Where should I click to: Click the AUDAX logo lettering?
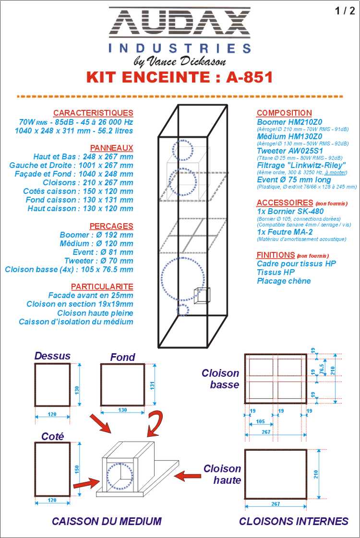(x=180, y=24)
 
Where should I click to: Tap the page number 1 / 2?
(x=345, y=12)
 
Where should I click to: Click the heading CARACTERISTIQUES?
(x=93, y=113)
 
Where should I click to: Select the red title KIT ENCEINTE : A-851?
(x=180, y=77)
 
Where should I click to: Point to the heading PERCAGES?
(x=111, y=226)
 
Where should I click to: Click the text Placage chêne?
(x=284, y=281)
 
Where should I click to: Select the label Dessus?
(x=52, y=356)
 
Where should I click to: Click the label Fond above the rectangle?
(x=122, y=357)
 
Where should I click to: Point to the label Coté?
(x=52, y=436)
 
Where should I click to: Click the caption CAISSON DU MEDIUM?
(x=107, y=521)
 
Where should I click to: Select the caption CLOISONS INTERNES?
(x=293, y=521)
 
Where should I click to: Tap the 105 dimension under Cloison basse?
(x=261, y=421)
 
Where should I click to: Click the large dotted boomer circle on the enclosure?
(x=183, y=280)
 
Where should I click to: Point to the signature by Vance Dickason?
(x=179, y=61)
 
